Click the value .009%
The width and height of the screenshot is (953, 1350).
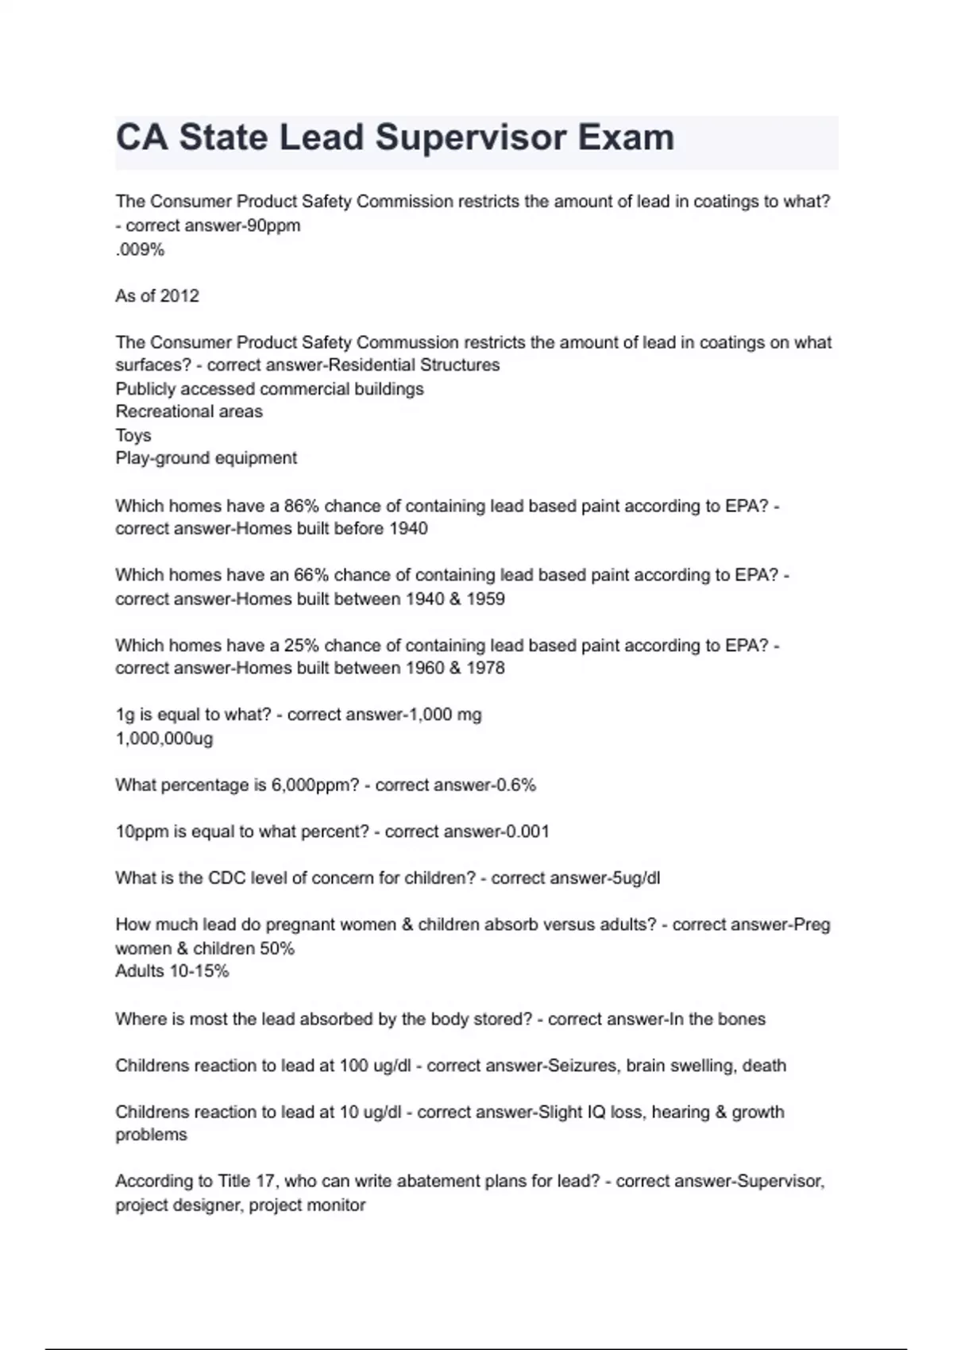[x=140, y=249]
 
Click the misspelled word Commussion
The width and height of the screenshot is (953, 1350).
[x=407, y=342]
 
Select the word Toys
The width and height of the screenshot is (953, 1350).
[x=133, y=435]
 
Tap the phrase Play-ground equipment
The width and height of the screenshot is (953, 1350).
[x=206, y=458]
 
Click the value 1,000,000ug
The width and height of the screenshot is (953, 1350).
[x=164, y=739]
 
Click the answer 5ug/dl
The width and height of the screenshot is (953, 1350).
[x=631, y=878]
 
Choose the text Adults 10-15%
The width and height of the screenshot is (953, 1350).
[x=172, y=971]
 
